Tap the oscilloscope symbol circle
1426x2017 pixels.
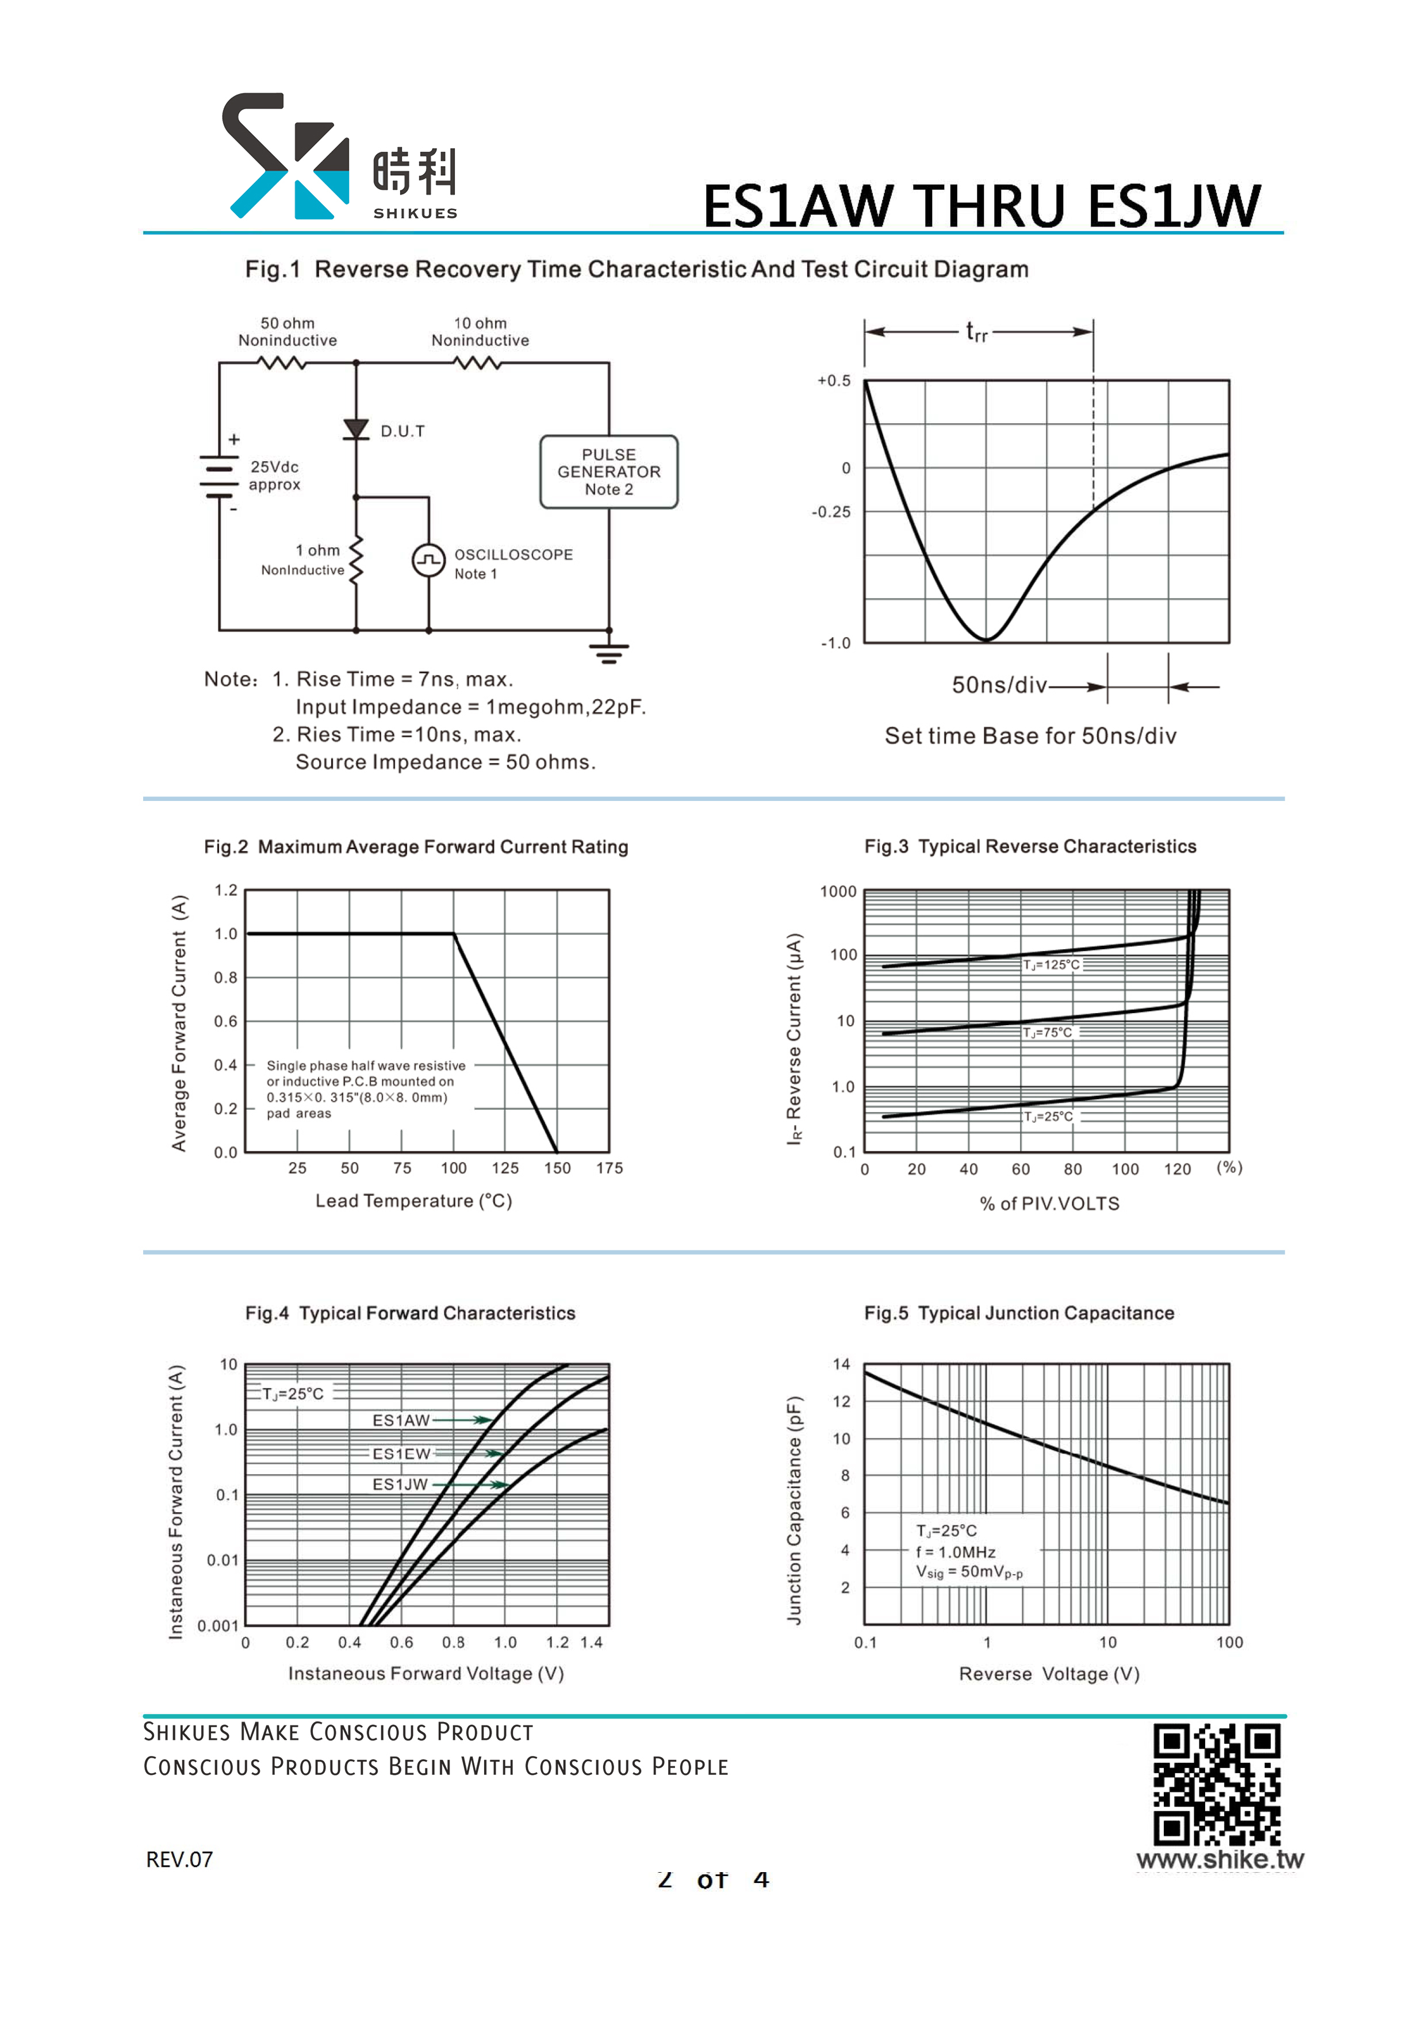click(429, 559)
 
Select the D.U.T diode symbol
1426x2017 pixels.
click(356, 429)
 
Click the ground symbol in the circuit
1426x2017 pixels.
click(609, 653)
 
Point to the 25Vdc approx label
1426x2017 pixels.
click(274, 476)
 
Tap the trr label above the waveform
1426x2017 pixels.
click(977, 331)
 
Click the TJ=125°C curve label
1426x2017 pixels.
click(1051, 965)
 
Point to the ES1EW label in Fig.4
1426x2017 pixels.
click(401, 1454)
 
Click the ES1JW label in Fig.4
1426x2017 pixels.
click(400, 1484)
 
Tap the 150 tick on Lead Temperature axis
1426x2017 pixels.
click(557, 1168)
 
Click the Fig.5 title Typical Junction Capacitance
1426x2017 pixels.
click(1019, 1313)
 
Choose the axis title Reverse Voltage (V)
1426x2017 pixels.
click(1049, 1674)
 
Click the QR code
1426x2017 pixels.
click(1217, 1784)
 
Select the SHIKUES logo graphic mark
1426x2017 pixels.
click(286, 155)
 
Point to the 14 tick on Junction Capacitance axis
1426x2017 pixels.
click(842, 1364)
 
